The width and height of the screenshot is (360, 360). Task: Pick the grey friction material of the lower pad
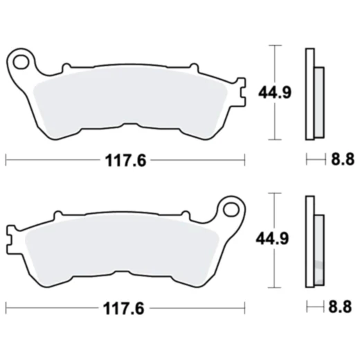pyautogui.click(x=121, y=249)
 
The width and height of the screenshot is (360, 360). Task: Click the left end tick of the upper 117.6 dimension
pyautogui.click(x=6, y=161)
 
